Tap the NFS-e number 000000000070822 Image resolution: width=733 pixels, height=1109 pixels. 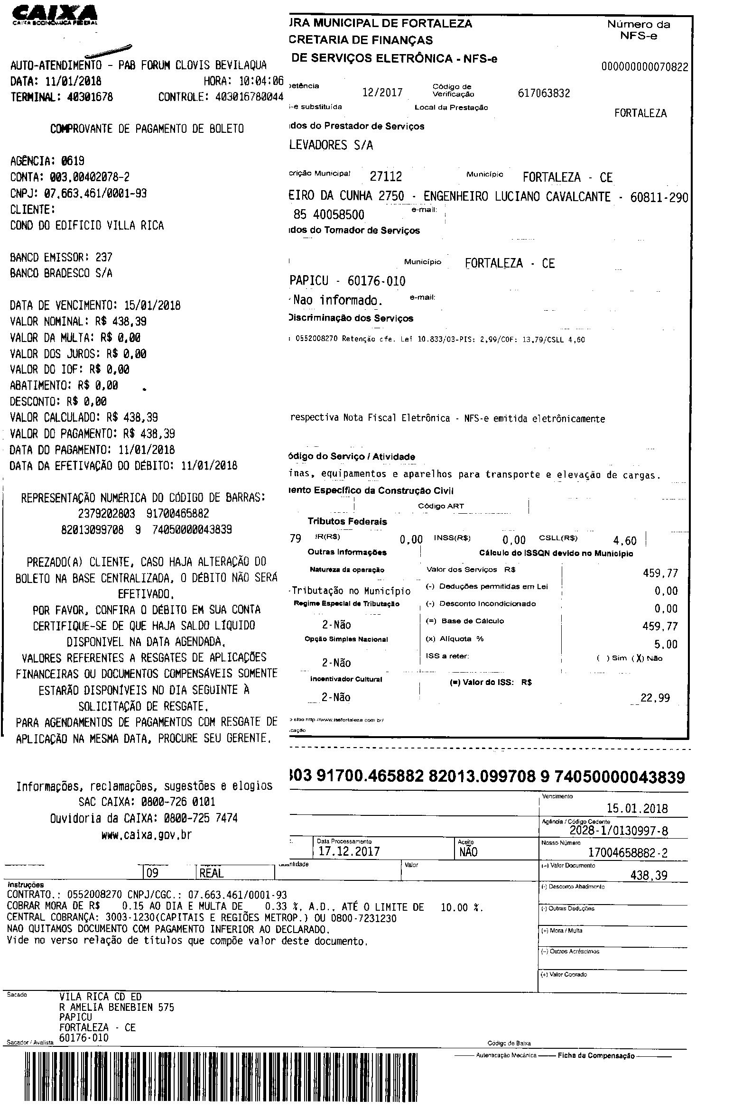click(x=644, y=67)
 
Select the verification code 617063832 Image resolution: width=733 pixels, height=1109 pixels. click(x=544, y=93)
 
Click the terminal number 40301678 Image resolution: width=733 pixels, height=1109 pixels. click(x=90, y=97)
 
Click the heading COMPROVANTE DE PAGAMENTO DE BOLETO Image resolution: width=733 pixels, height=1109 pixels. click(x=147, y=129)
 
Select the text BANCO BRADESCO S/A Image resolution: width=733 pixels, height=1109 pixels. click(x=61, y=274)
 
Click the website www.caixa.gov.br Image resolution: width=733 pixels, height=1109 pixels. click(x=146, y=835)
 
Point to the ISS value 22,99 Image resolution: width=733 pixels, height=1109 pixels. click(x=655, y=698)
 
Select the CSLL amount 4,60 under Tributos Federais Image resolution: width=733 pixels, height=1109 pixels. click(x=624, y=541)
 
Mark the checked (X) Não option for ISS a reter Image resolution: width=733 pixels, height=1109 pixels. click(x=647, y=658)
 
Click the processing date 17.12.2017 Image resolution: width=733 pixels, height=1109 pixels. click(x=349, y=851)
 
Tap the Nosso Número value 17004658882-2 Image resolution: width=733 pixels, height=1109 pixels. click(x=627, y=853)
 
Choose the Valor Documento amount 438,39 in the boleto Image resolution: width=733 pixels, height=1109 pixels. click(x=649, y=875)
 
